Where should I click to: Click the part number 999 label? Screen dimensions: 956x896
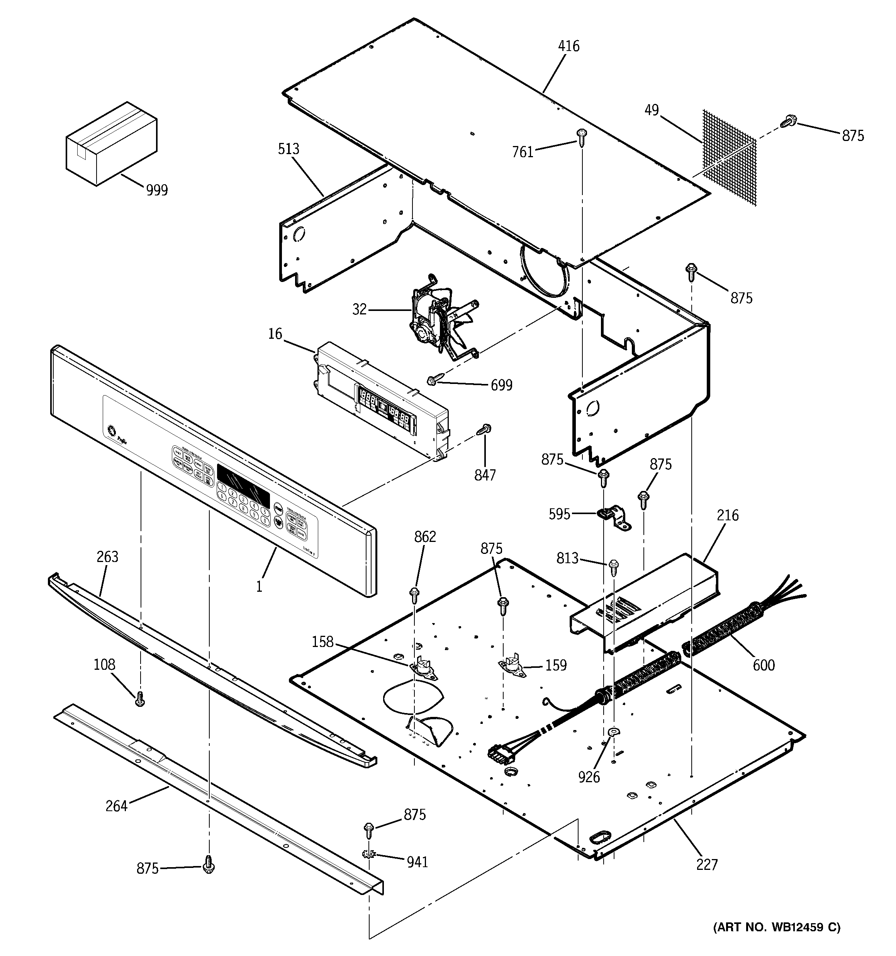click(x=157, y=190)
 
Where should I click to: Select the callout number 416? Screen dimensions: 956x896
click(x=568, y=46)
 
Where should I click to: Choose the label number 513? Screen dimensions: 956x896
click(x=288, y=149)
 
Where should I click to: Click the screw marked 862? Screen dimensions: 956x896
click(x=414, y=594)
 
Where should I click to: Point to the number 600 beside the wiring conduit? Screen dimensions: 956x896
click(x=763, y=665)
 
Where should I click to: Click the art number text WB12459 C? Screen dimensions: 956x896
click(x=776, y=927)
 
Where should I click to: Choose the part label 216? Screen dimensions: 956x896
click(x=727, y=515)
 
